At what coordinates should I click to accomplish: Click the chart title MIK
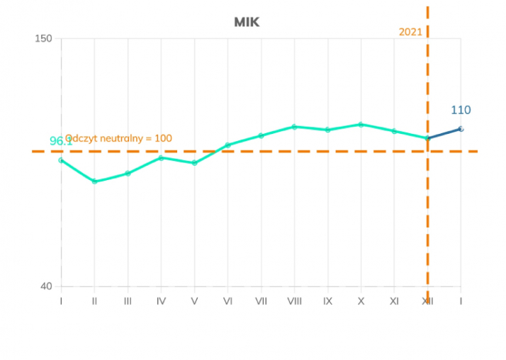[247, 22]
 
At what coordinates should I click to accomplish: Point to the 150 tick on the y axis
[44, 38]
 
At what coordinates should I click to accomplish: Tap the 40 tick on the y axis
[46, 286]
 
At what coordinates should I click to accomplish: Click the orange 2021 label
[410, 32]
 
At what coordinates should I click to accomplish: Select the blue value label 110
[461, 110]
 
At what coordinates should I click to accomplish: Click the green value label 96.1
[61, 142]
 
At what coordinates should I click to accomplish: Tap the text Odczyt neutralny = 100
[119, 138]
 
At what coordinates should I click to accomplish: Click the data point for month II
[94, 181]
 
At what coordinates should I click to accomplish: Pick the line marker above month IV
[161, 157]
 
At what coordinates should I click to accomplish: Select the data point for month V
[194, 163]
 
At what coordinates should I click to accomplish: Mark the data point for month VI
[227, 145]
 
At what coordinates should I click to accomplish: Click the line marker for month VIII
[294, 126]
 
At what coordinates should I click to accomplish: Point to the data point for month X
[361, 124]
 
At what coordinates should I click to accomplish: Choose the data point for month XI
[394, 131]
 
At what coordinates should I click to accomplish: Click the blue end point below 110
[461, 128]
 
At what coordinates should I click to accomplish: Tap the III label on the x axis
[128, 301]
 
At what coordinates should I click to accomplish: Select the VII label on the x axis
[261, 301]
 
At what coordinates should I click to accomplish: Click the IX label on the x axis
[327, 301]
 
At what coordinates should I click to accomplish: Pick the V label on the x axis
[194, 301]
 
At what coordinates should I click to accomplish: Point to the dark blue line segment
[444, 133]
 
